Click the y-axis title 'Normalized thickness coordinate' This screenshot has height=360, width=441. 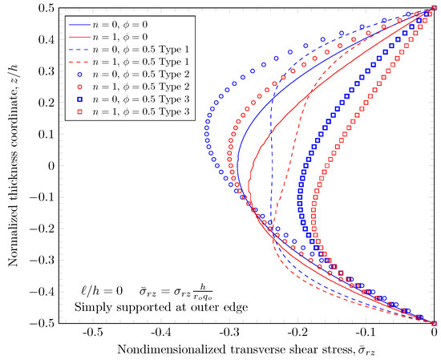(x=11, y=165)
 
